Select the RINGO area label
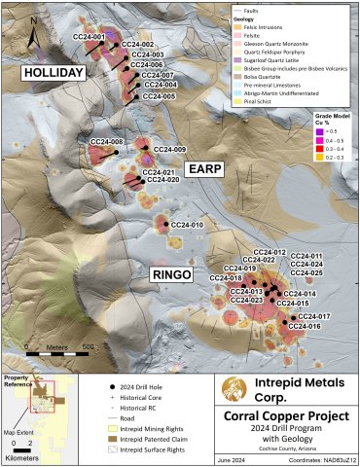(177, 276)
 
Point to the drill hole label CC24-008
(106, 142)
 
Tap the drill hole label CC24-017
(314, 317)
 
